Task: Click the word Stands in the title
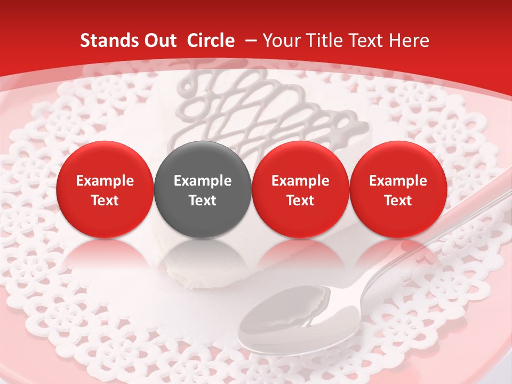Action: coord(108,41)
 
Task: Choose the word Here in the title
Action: coord(409,41)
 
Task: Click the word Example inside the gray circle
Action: coord(203,181)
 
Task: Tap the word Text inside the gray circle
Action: coord(203,201)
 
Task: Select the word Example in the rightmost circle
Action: coord(398,181)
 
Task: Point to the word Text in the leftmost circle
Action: coord(105,201)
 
